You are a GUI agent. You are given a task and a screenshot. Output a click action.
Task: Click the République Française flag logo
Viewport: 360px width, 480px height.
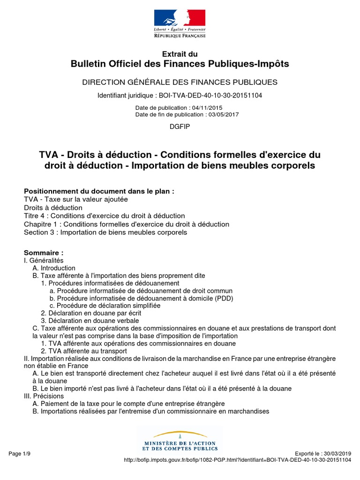[180, 23]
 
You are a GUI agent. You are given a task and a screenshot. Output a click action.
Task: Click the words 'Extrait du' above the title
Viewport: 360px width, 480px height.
[180, 54]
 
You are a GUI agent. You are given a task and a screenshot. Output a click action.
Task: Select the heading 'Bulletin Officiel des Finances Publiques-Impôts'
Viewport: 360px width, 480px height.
[180, 64]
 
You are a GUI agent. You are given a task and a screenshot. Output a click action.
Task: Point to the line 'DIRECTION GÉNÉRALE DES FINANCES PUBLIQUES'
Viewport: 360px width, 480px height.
[180, 82]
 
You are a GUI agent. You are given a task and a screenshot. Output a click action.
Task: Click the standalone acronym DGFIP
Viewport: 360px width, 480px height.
[180, 127]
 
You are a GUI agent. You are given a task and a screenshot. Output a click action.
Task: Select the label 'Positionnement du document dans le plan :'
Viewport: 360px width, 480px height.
[99, 191]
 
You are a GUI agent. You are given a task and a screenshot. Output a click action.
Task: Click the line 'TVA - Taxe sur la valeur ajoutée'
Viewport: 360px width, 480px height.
[75, 199]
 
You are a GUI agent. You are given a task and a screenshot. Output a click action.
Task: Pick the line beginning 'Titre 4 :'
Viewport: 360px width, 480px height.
[104, 216]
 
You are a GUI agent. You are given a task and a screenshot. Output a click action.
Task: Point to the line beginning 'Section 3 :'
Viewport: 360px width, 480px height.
[105, 232]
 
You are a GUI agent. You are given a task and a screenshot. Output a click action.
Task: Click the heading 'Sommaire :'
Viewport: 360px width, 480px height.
[44, 252]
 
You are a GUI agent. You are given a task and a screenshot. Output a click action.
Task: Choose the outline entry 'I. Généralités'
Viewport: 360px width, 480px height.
[44, 260]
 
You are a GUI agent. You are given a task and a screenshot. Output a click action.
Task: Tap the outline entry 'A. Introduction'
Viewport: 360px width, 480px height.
[54, 268]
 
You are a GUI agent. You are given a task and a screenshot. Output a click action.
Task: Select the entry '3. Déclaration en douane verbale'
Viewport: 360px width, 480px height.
[90, 321]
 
